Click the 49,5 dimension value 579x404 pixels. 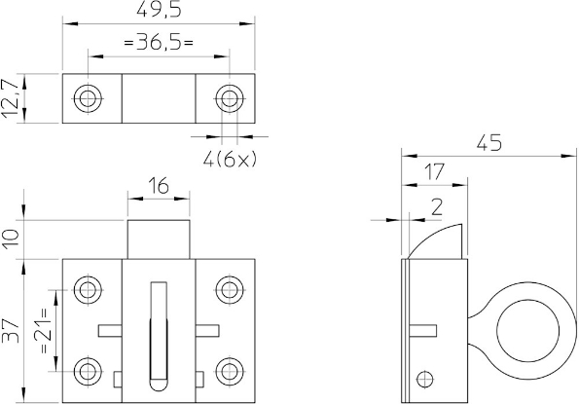(x=160, y=10)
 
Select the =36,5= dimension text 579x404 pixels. (x=159, y=43)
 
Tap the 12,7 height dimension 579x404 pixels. (x=10, y=98)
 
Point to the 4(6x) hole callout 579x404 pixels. (x=230, y=160)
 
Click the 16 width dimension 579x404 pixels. (x=159, y=185)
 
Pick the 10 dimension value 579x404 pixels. (x=11, y=239)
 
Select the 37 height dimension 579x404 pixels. (x=11, y=331)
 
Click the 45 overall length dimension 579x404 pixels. (x=489, y=143)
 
